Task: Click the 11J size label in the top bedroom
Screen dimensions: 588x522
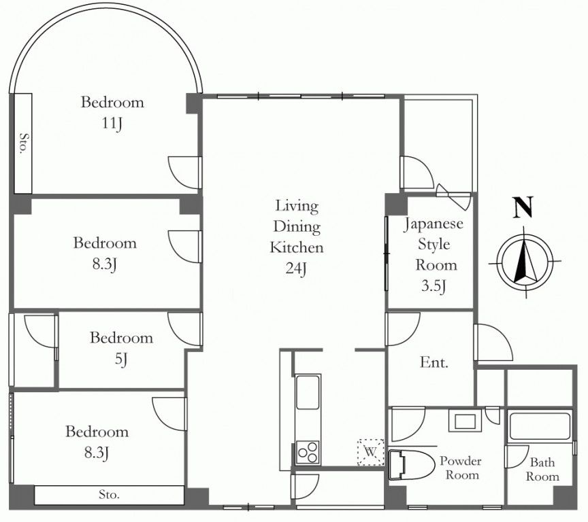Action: click(112, 124)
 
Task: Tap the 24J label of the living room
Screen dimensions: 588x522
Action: click(296, 268)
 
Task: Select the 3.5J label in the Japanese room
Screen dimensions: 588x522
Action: click(434, 286)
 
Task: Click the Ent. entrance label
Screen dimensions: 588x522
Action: click(434, 362)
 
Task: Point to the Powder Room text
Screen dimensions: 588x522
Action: click(461, 468)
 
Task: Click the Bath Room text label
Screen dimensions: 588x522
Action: click(542, 469)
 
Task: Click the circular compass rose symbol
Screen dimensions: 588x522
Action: click(525, 262)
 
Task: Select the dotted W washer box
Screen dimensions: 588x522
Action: click(370, 452)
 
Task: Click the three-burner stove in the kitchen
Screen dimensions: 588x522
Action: click(308, 453)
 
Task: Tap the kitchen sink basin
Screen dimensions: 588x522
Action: click(308, 392)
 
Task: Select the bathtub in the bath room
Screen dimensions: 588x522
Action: click(540, 426)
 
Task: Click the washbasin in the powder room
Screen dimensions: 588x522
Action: click(465, 421)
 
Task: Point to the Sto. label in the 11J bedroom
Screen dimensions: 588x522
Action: click(23, 143)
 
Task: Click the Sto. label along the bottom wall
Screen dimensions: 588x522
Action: click(109, 495)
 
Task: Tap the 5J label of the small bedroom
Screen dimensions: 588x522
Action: click(120, 360)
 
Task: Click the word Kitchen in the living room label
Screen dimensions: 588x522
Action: click(296, 247)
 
